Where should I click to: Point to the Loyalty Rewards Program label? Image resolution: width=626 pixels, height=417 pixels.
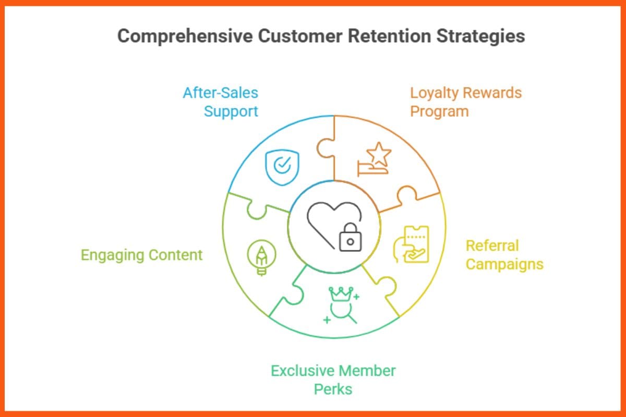tap(465, 102)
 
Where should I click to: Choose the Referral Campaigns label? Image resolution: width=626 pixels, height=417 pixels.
tap(504, 255)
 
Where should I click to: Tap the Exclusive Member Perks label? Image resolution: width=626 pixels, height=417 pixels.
tap(333, 380)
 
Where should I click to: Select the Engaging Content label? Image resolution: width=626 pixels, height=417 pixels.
tap(141, 255)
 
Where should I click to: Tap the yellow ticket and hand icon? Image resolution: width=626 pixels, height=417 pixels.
tap(411, 244)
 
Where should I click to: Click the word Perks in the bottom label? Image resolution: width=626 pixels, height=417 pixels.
tap(333, 389)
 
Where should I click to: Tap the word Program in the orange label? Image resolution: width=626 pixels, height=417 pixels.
tap(439, 112)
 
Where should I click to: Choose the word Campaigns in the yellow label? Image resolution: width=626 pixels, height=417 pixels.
tap(504, 264)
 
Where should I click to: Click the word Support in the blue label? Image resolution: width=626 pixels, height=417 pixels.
tap(231, 112)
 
